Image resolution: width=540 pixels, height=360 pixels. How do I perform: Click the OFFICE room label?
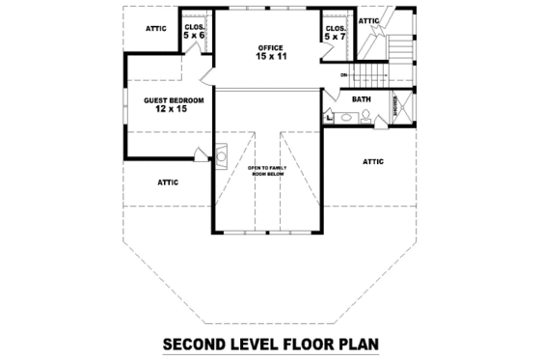coord(269,47)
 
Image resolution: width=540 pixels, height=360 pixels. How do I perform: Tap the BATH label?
coord(362,99)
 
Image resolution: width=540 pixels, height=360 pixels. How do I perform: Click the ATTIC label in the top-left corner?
coord(156,28)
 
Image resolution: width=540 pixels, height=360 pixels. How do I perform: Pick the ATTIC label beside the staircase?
coord(368,20)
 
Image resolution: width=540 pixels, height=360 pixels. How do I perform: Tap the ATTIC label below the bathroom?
coord(373,161)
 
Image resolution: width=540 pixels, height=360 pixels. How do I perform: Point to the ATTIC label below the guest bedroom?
coord(168,180)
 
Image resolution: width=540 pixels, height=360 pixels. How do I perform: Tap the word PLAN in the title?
coord(353,343)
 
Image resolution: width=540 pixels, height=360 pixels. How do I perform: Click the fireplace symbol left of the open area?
coord(221,154)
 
